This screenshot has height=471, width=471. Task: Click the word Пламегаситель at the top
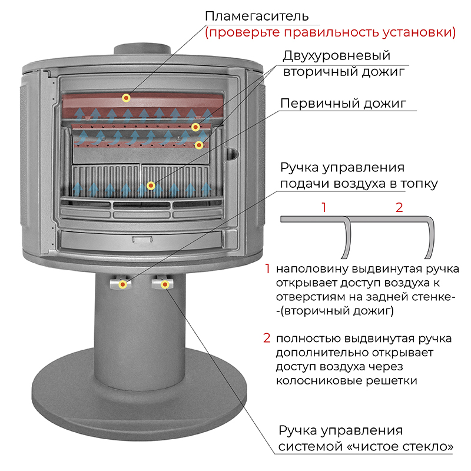point(257,16)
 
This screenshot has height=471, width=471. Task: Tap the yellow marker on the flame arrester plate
point(126,98)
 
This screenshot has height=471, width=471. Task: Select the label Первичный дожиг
point(343,104)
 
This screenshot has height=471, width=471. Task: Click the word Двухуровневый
point(336,56)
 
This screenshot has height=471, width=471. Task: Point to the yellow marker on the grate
point(151,185)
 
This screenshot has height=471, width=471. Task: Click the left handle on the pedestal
point(120,283)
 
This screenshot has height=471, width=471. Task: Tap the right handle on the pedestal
point(162,283)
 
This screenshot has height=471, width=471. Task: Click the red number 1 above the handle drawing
point(323,207)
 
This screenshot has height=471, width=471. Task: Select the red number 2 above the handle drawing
point(399,207)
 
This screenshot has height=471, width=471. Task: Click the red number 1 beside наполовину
point(267,268)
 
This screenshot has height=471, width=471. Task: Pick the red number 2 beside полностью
point(267,338)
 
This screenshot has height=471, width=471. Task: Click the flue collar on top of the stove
point(142,49)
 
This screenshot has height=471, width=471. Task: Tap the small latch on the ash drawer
point(142,240)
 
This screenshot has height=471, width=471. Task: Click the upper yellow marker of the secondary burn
point(195,127)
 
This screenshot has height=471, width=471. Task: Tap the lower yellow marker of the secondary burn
point(199,145)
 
